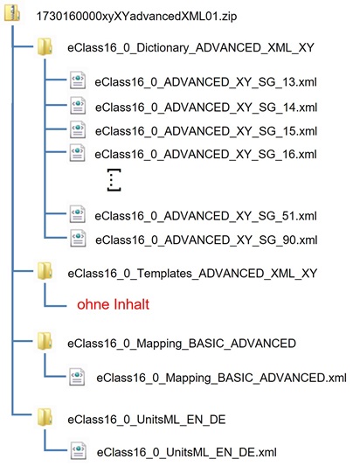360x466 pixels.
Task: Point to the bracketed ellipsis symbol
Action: pos(113,181)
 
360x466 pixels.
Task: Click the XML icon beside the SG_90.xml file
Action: pos(78,239)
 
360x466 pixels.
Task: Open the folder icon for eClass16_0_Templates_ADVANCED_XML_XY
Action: pos(44,272)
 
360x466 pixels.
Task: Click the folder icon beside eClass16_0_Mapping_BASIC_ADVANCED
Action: pos(44,343)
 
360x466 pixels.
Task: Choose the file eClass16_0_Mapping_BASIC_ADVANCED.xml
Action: pos(221,378)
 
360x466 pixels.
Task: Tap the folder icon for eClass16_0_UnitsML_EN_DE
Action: pos(44,416)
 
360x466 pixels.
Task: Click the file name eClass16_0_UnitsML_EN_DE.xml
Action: pos(186,452)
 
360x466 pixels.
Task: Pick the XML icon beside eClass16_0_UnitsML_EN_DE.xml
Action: pos(78,451)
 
